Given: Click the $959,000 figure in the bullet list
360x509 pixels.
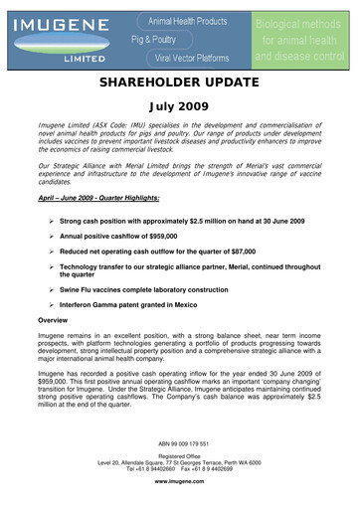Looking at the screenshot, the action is click(x=178, y=237).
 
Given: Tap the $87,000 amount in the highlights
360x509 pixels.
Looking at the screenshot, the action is click(x=260, y=254).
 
